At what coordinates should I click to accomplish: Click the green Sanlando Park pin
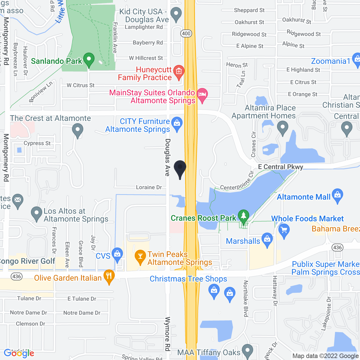click(x=89, y=60)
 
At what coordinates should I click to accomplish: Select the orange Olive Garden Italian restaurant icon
click(x=109, y=276)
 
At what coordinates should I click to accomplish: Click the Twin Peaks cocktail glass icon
click(x=140, y=256)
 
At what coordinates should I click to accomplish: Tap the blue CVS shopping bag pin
click(x=117, y=254)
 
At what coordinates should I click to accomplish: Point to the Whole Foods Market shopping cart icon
click(x=284, y=230)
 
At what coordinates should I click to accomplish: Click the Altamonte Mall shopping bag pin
click(x=337, y=195)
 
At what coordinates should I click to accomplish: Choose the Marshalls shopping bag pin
click(x=267, y=240)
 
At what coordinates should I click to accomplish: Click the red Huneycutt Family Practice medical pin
click(x=179, y=71)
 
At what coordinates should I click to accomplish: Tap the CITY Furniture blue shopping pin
click(x=177, y=123)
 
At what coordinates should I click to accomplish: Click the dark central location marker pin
click(x=180, y=168)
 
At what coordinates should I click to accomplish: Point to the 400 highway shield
click(x=186, y=33)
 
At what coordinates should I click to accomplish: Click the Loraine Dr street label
click(x=149, y=187)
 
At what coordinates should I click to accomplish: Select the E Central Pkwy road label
click(x=280, y=167)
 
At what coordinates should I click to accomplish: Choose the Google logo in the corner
click(x=19, y=353)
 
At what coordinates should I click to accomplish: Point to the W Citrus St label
click(x=80, y=85)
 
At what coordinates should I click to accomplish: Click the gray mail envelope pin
click(x=18, y=200)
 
